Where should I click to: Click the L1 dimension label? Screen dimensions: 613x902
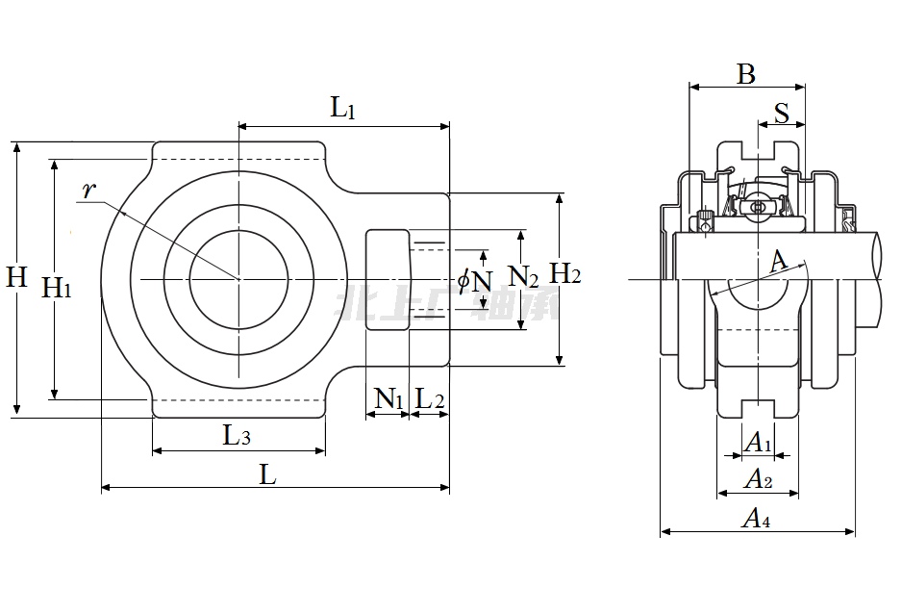[x=343, y=108]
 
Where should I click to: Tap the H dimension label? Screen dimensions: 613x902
[x=16, y=278]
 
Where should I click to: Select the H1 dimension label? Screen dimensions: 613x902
[x=58, y=286]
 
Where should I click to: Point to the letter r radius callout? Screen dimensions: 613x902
[x=88, y=191]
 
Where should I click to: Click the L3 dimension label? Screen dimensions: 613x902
[x=238, y=436]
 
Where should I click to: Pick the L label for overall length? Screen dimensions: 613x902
[x=268, y=473]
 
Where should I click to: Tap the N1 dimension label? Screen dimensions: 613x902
[x=388, y=398]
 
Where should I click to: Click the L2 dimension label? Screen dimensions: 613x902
[x=429, y=398]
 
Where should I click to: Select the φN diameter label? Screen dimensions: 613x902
[x=475, y=280]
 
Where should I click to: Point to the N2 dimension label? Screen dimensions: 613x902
[x=523, y=278]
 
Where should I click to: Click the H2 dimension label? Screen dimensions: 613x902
[x=564, y=274]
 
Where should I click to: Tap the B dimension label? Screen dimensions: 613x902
[x=746, y=74]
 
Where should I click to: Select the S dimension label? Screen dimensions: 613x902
[x=781, y=113]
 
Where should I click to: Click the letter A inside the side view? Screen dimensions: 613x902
[x=779, y=260]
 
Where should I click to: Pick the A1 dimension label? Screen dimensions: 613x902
[x=759, y=443]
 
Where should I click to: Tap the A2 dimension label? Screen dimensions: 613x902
[x=759, y=478]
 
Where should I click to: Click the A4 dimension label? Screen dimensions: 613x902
[x=757, y=519]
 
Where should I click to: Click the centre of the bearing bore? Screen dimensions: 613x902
[x=238, y=279]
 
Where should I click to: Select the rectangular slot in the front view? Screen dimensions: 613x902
[x=388, y=280]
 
